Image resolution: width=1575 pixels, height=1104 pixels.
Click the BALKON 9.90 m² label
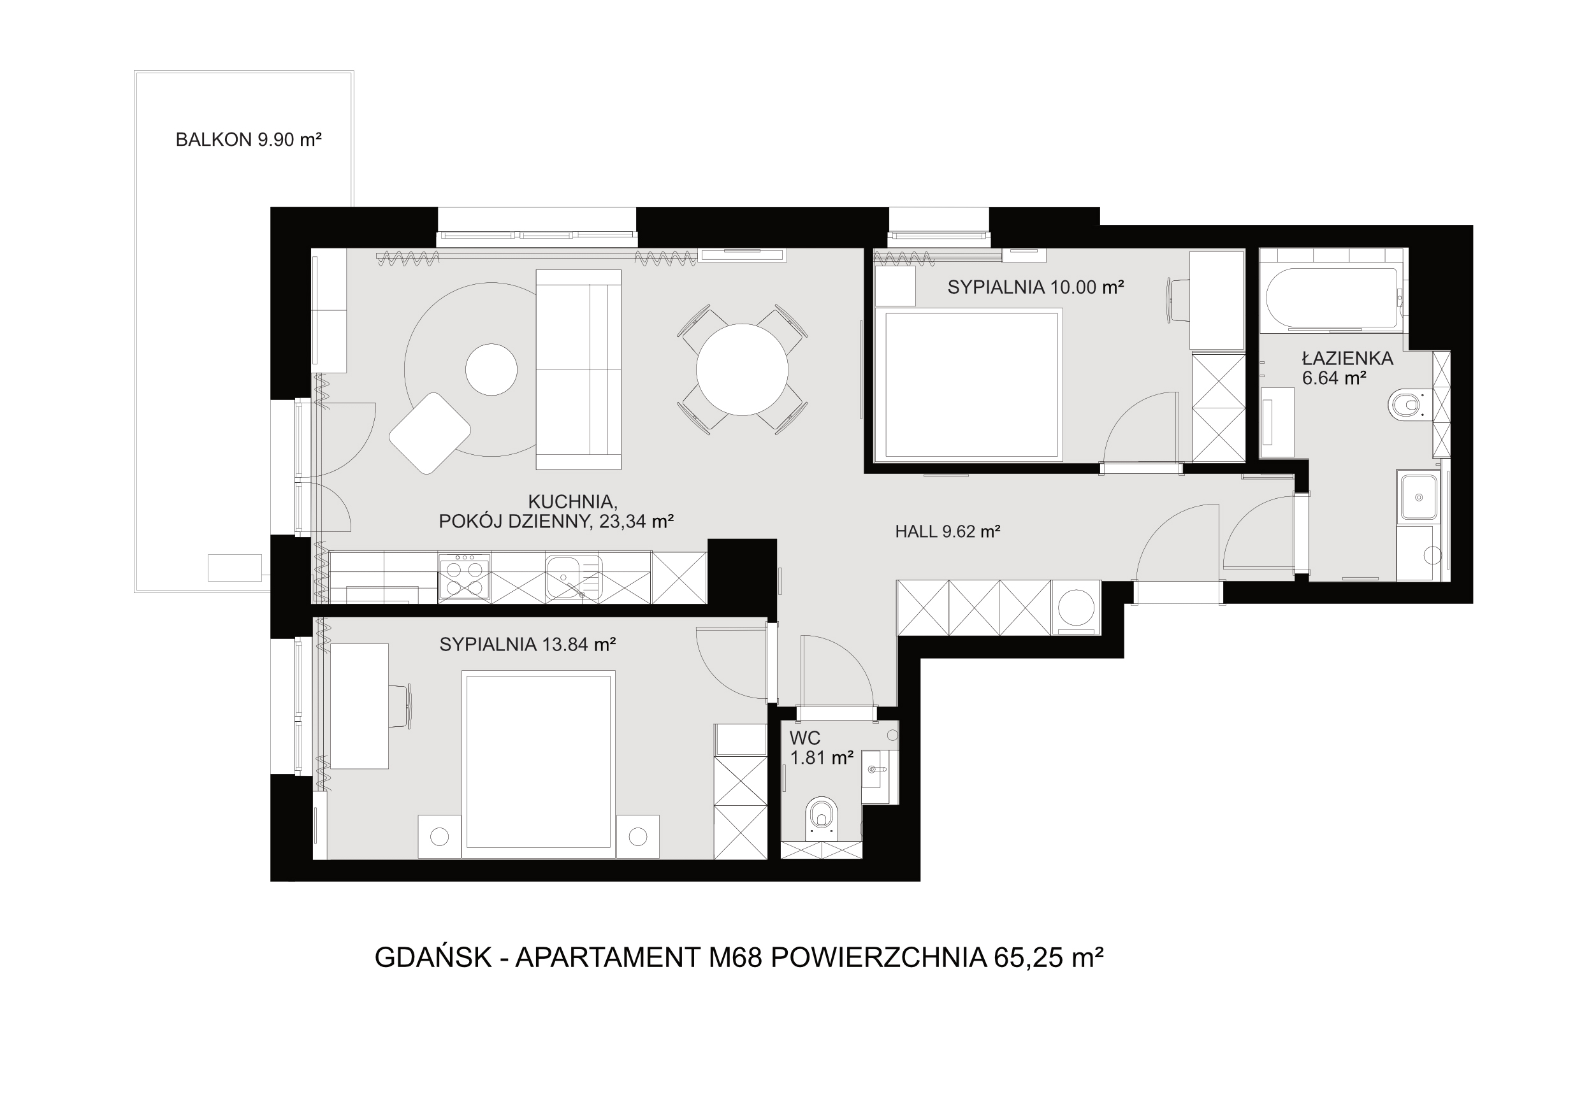(249, 140)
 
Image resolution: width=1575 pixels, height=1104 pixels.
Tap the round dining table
(741, 369)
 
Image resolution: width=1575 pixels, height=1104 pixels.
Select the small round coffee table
(491, 369)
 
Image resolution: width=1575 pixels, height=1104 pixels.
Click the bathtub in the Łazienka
(1332, 298)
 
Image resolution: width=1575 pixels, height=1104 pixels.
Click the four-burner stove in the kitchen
(464, 577)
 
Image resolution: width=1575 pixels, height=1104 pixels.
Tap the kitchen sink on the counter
(574, 577)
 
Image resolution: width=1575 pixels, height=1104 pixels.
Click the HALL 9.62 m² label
(947, 531)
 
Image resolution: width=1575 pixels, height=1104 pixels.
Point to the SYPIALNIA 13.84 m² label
(528, 645)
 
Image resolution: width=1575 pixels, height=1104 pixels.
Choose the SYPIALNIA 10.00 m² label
(1036, 287)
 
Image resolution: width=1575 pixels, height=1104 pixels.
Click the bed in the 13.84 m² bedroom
(539, 764)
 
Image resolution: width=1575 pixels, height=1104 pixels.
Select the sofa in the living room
(578, 369)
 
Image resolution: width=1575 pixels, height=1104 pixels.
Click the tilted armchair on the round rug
(430, 433)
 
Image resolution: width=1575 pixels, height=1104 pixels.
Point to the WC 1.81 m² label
(821, 748)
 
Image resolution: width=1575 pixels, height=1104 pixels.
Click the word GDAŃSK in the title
(433, 958)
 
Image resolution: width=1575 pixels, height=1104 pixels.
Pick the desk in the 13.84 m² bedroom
(359, 706)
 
